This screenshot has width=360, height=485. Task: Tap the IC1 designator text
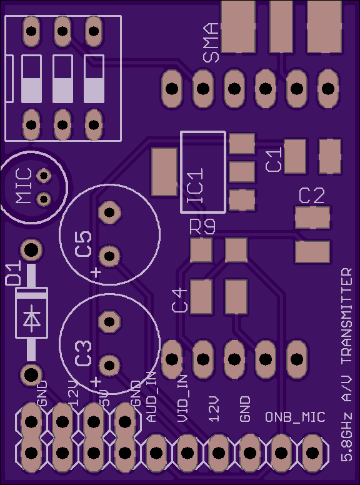(196, 185)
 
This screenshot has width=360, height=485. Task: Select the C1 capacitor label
(274, 159)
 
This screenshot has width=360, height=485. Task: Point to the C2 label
(312, 196)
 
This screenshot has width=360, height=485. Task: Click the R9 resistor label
(202, 228)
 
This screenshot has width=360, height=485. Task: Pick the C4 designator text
(180, 300)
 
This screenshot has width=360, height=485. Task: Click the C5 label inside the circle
(84, 244)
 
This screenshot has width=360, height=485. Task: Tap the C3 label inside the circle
(84, 353)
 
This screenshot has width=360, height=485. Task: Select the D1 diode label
(13, 272)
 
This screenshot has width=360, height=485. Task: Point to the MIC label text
(24, 186)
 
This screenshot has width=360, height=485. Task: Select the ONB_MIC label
(295, 417)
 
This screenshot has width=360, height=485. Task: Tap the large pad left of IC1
(164, 172)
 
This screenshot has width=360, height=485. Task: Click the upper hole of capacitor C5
(109, 212)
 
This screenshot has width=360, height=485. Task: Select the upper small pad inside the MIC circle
(44, 176)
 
